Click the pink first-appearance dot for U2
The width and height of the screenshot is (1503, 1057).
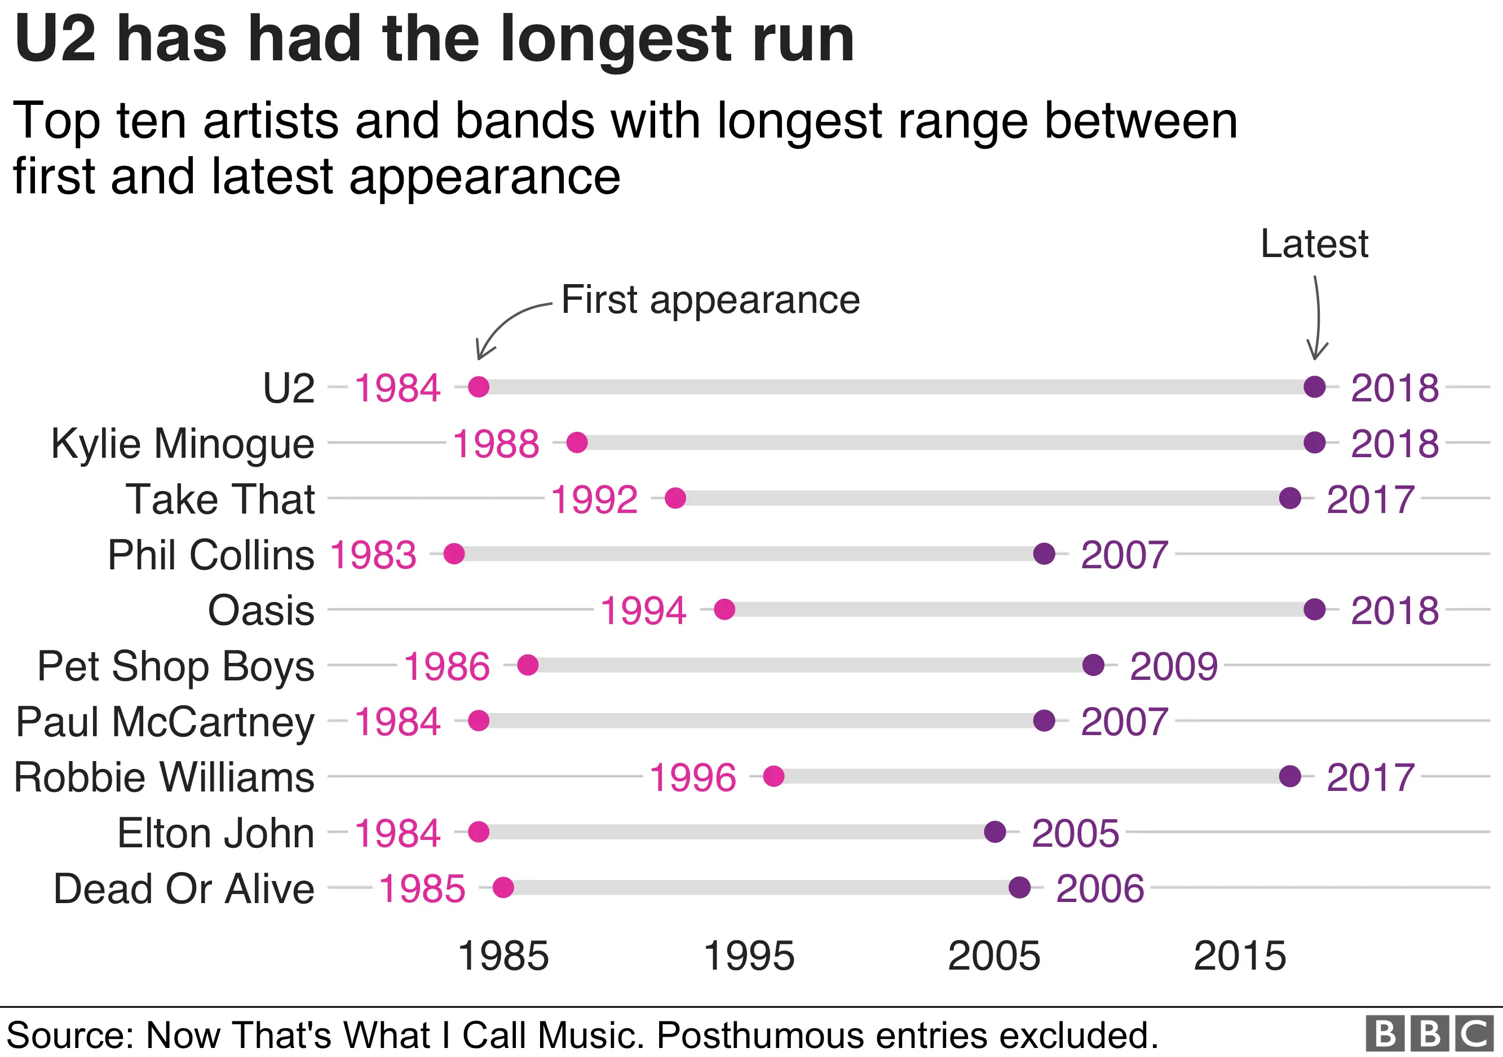point(479,387)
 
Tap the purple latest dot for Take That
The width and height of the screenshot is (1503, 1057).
point(1289,498)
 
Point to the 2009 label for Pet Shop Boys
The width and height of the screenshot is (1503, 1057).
point(1174,666)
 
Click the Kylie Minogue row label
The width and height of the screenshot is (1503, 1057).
point(183,444)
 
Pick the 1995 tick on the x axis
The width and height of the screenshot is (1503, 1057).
point(749,956)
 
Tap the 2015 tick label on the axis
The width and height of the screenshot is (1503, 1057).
point(1240,956)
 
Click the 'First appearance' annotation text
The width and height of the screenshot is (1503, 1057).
point(710,300)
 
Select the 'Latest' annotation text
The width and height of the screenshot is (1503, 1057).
point(1314,244)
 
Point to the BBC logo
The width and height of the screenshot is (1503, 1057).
point(1430,1034)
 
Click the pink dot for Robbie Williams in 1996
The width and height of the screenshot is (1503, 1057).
point(773,776)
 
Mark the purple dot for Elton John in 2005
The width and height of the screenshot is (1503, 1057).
point(995,832)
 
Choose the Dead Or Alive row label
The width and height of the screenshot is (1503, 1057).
point(184,889)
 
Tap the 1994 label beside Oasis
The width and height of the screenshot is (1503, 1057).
point(643,611)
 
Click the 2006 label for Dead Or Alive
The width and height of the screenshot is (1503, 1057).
point(1100,889)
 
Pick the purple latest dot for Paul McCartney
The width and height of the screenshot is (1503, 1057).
point(1044,720)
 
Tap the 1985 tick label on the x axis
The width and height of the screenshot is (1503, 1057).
point(503,956)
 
